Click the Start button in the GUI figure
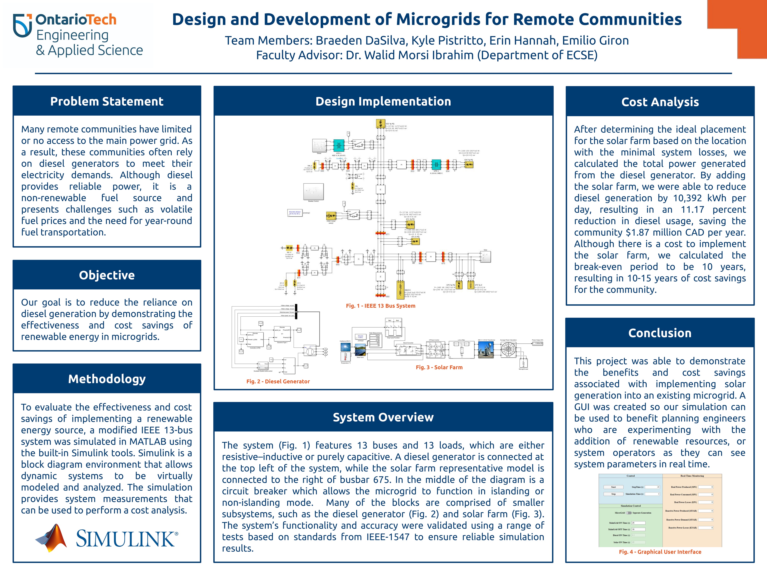(613, 487)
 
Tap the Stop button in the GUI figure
(613, 494)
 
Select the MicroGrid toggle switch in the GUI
(628, 513)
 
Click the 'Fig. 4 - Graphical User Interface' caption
(660, 552)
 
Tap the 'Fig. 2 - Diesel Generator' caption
(278, 381)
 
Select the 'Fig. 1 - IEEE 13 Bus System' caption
(380, 306)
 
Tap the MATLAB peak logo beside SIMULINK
(51, 538)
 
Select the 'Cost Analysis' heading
(660, 102)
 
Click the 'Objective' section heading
(107, 275)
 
